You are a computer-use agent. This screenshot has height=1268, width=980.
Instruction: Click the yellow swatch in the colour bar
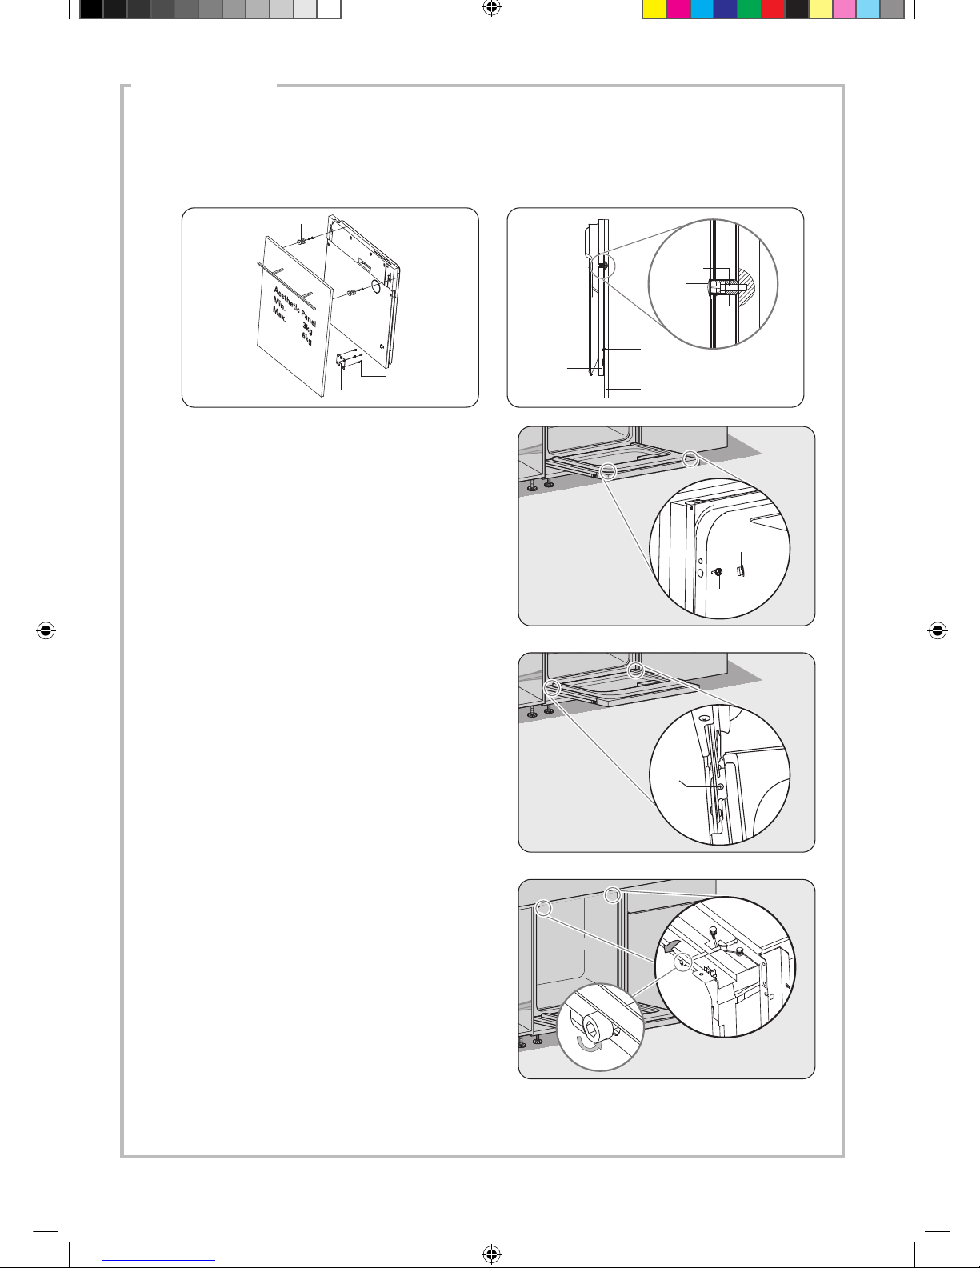pos(654,10)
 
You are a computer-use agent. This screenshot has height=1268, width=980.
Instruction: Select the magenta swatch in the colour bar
pos(678,10)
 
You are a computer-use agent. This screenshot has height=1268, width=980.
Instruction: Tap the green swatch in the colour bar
pos(750,10)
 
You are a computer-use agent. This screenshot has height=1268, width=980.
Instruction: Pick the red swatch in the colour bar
pos(774,10)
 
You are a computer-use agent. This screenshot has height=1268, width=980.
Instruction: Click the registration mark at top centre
pos(492,7)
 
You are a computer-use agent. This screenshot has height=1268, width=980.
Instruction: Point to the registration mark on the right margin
pos(938,630)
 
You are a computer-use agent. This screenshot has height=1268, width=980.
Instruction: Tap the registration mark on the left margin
pos(46,630)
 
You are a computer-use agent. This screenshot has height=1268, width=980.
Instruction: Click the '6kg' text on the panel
pos(307,338)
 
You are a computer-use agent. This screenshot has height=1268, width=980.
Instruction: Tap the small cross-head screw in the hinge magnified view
pos(721,786)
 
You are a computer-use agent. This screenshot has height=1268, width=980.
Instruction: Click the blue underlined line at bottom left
pos(158,1261)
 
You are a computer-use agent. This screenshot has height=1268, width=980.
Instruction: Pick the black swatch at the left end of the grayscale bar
pos(91,10)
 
